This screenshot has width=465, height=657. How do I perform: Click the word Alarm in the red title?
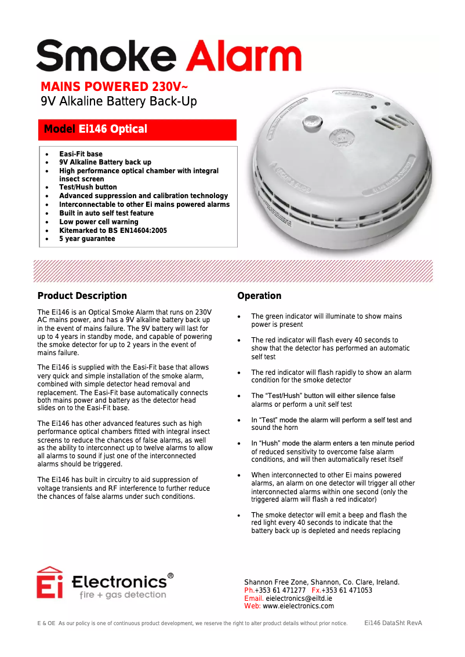247,56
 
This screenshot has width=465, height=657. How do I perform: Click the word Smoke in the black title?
106,56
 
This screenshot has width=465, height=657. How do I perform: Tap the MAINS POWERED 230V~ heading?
114,87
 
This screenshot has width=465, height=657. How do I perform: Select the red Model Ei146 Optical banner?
137,129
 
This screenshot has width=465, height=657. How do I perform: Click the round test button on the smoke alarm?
313,122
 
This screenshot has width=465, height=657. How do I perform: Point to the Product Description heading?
82,296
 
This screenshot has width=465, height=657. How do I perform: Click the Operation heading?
259,296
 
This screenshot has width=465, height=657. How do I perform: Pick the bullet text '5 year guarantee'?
87,239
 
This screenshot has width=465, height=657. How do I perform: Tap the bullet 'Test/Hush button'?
88,187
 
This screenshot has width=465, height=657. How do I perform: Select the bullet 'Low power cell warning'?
99,222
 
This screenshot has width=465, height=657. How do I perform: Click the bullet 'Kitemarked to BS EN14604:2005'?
113,231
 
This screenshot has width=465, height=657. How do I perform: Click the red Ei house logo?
49,582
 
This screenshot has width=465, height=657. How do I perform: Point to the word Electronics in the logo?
119,581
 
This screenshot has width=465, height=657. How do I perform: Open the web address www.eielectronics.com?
298,606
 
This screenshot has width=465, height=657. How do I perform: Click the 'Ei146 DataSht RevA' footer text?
393,623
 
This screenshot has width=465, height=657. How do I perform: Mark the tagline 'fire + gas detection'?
122,595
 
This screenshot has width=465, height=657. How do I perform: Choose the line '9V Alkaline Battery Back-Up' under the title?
119,102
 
